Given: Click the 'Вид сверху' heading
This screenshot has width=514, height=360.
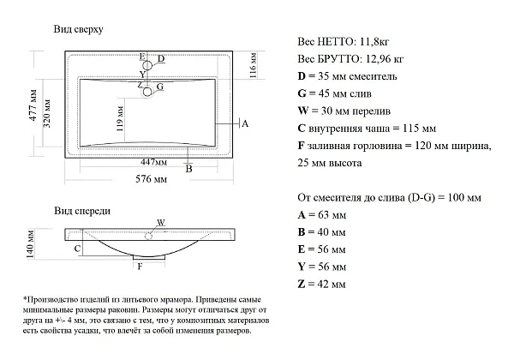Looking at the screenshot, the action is point(78,29).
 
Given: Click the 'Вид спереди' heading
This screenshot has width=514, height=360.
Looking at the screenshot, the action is point(82,211).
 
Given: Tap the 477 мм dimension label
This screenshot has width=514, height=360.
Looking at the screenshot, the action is point(33,105).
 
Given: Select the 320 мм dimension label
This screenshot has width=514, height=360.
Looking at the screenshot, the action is point(46,113).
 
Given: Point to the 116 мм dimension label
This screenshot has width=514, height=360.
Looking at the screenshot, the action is point(253,65).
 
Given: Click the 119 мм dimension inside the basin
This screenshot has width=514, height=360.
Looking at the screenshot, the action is point(120,118).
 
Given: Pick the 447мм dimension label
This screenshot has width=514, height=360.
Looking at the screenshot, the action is point(153,162).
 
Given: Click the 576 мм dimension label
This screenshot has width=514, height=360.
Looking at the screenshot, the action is point(151,179).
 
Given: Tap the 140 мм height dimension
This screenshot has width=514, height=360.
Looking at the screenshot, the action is point(30,244).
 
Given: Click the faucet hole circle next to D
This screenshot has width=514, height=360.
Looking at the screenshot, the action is point(147,65).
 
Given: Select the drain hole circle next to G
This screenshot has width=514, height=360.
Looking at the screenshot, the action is point(147,92).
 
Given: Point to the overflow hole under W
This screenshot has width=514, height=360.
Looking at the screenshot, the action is point(148,236).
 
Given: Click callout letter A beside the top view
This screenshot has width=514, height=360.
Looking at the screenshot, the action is point(245,123).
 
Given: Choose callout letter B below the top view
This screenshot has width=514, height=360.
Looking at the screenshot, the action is point(188,169).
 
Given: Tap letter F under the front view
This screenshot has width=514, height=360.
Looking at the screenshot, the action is point(140,267).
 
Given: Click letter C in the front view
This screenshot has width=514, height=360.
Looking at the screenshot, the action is point(77,249).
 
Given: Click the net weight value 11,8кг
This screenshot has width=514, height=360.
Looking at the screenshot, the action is point(374,42).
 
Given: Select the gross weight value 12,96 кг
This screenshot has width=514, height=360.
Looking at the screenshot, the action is point(384,59).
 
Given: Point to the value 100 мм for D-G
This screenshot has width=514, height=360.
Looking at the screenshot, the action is point(464,198).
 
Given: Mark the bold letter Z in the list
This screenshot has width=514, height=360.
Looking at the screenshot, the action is point(302,284).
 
